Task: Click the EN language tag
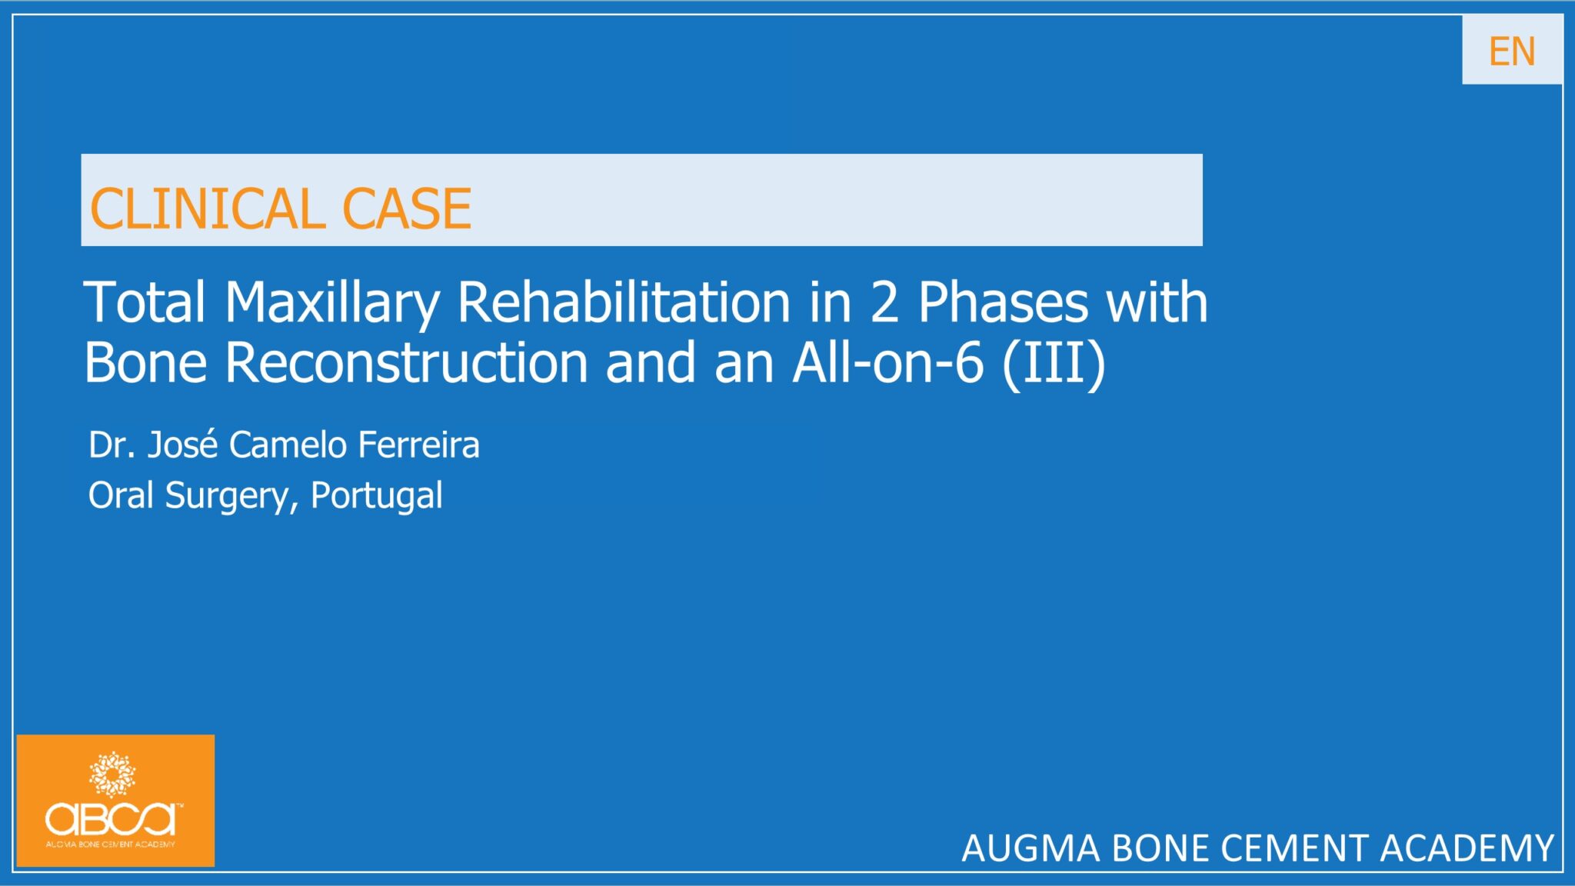click(x=1511, y=52)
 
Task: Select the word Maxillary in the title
click(x=331, y=303)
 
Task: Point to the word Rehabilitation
click(x=624, y=301)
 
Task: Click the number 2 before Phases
click(x=884, y=301)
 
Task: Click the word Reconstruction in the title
click(x=407, y=363)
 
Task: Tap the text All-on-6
click(x=887, y=363)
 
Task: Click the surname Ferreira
click(x=418, y=445)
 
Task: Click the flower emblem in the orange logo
click(x=112, y=774)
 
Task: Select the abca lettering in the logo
click(x=112, y=819)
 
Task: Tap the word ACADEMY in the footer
click(x=1467, y=849)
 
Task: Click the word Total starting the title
click(x=145, y=301)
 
